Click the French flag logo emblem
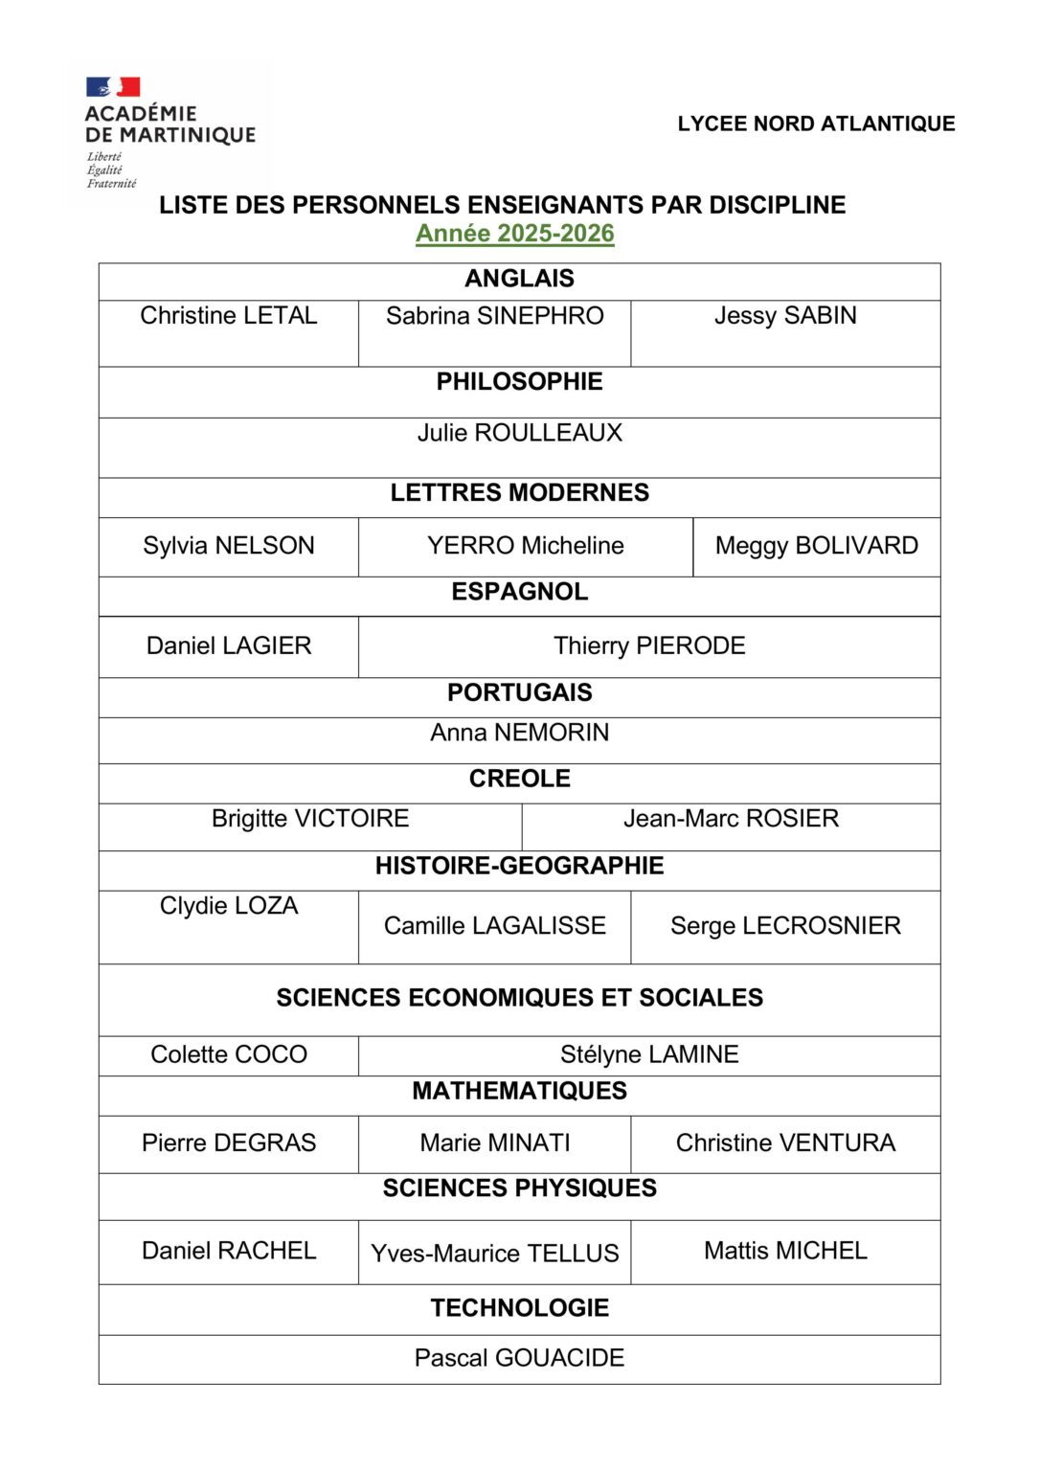113,87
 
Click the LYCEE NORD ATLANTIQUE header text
816,124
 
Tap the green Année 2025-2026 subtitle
515,234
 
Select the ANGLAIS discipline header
519,279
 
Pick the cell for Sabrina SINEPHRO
495,316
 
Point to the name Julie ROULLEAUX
519,433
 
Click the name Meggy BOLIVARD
816,546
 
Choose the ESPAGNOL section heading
519,592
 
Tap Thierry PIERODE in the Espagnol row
649,646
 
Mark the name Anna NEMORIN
519,733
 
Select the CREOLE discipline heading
519,779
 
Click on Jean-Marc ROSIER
731,819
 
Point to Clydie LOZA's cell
229,906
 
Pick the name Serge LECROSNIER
785,926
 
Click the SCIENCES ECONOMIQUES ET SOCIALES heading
519,998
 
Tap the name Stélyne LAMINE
649,1054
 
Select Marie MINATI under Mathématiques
495,1143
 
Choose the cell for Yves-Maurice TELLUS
495,1254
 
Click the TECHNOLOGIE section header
519,1308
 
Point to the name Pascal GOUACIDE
519,1358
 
